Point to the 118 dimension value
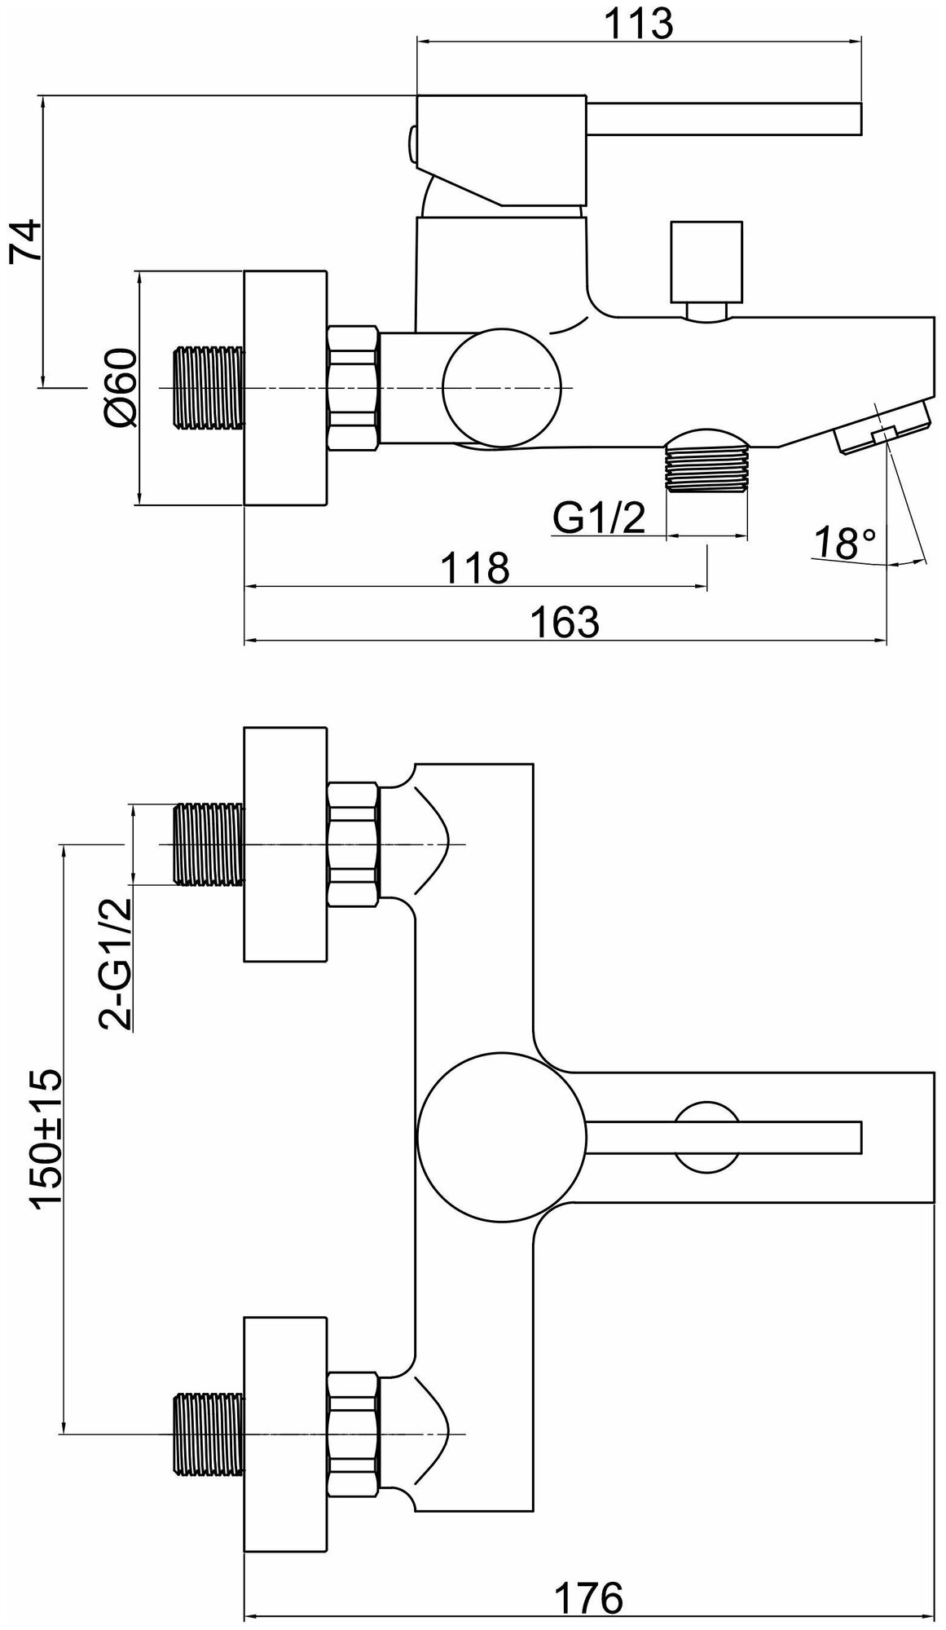pyautogui.click(x=476, y=567)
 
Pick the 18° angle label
pyautogui.click(x=848, y=544)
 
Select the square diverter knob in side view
pyautogui.click(x=705, y=261)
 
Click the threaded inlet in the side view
pyautogui.click(x=209, y=387)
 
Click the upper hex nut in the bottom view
pyautogui.click(x=354, y=844)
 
